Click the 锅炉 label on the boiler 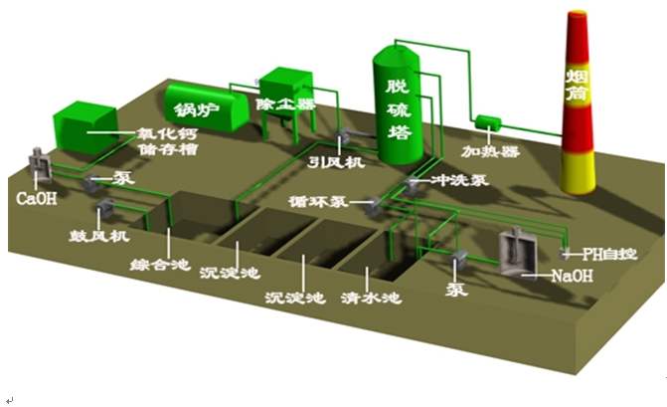pos(195,107)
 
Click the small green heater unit pos(488,123)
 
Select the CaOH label pos(36,198)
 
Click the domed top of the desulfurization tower pos(400,51)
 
